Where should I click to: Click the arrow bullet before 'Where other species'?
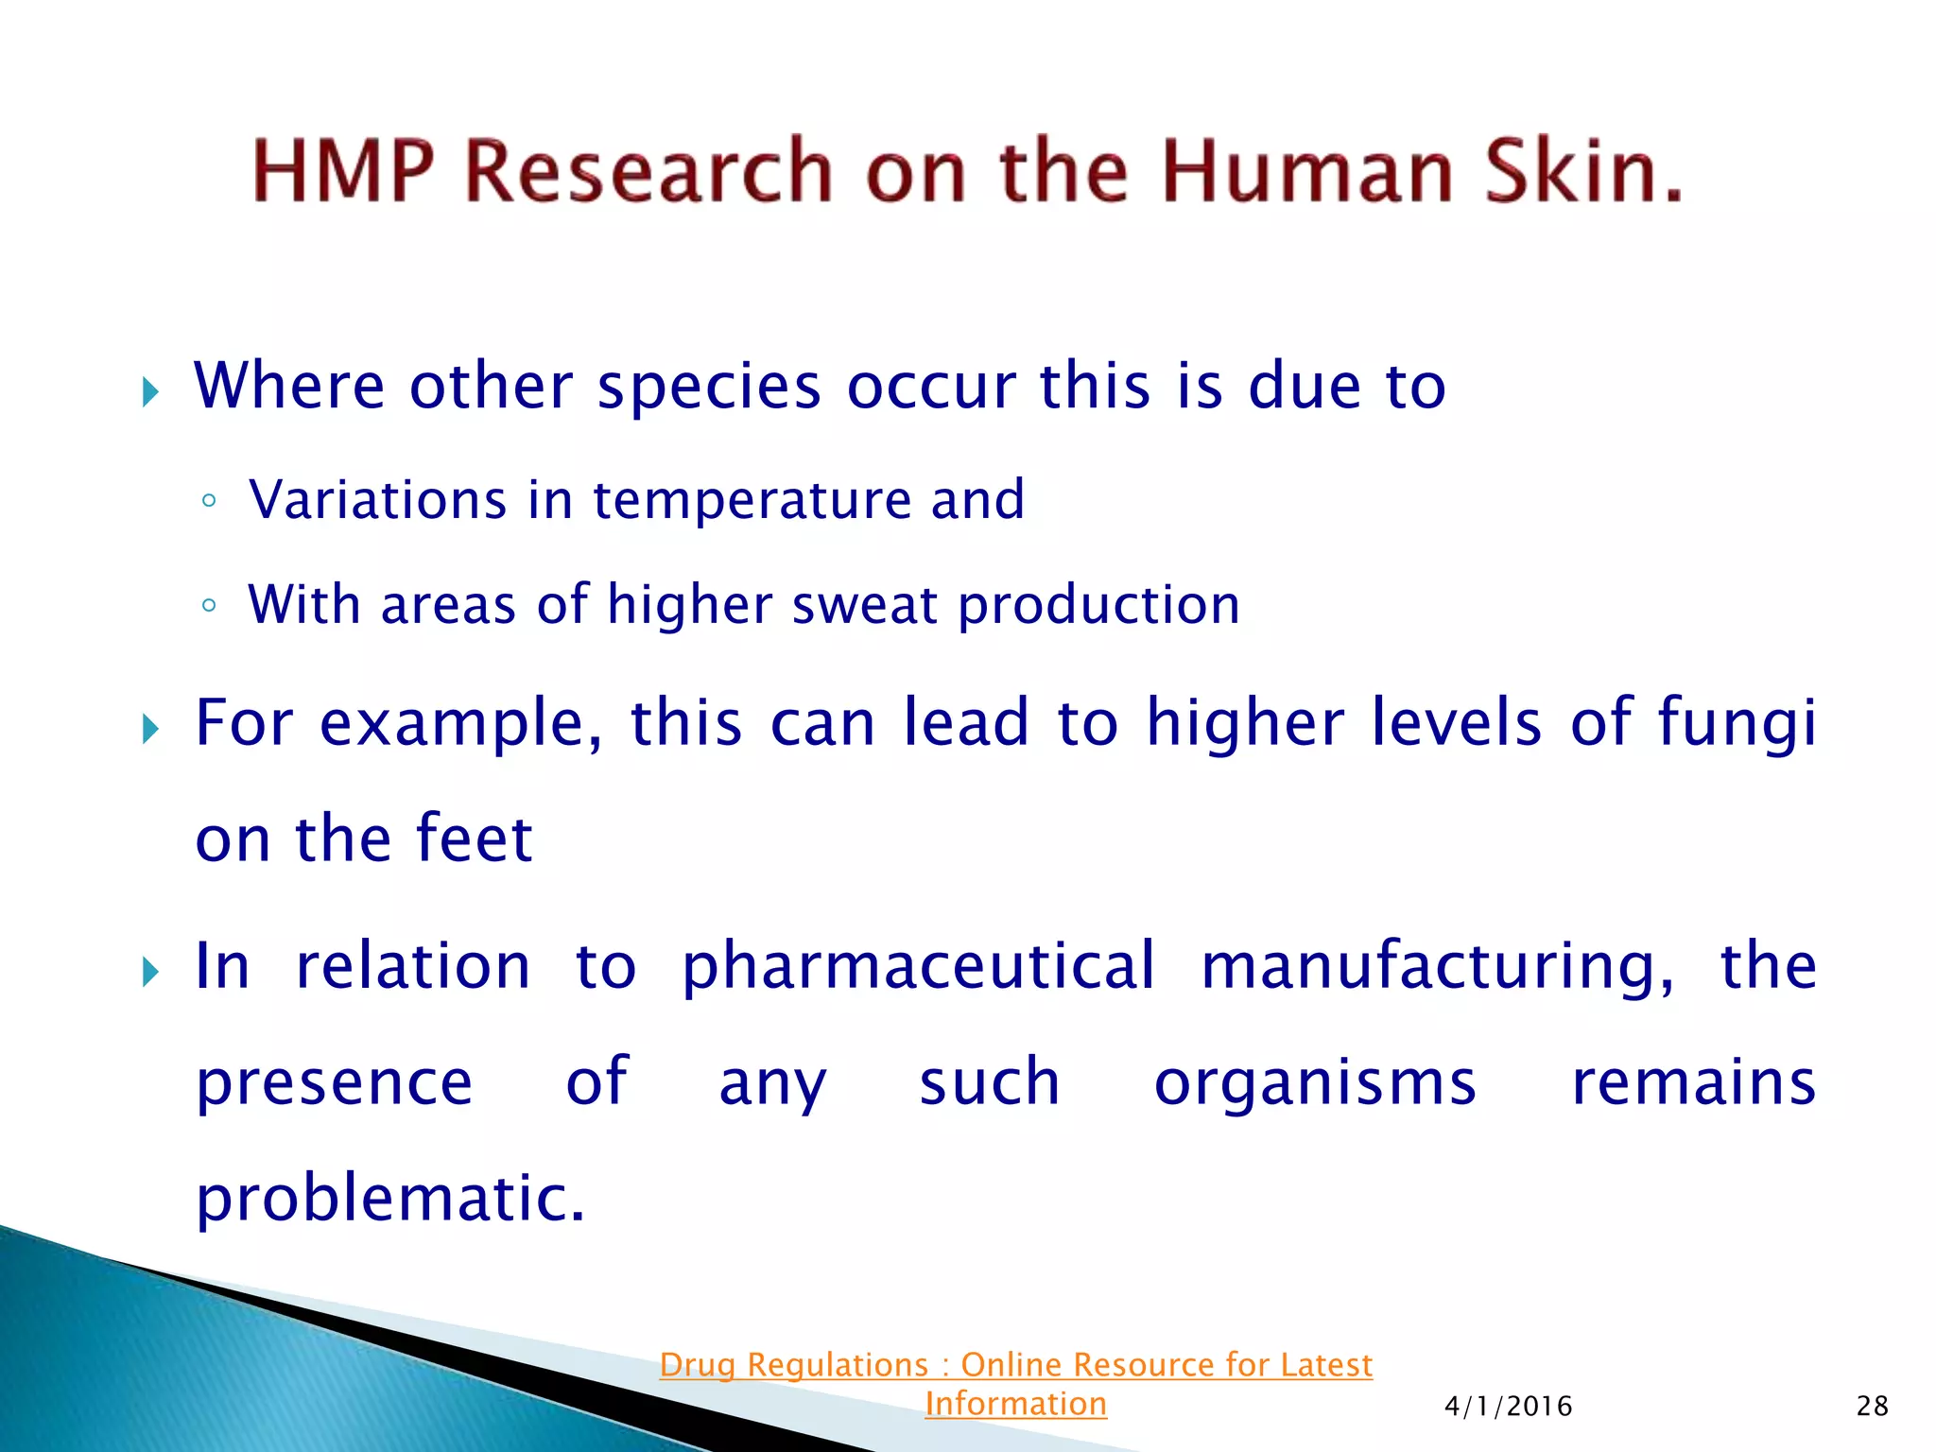(150, 391)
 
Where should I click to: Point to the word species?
(709, 387)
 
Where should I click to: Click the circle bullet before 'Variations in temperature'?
(210, 501)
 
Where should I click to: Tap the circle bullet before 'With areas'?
(210, 606)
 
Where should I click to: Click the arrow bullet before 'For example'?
(150, 729)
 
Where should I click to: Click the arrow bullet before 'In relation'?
(150, 971)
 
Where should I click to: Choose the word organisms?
(1314, 1083)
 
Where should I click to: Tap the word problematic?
(389, 1200)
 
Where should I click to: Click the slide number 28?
(1872, 1407)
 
